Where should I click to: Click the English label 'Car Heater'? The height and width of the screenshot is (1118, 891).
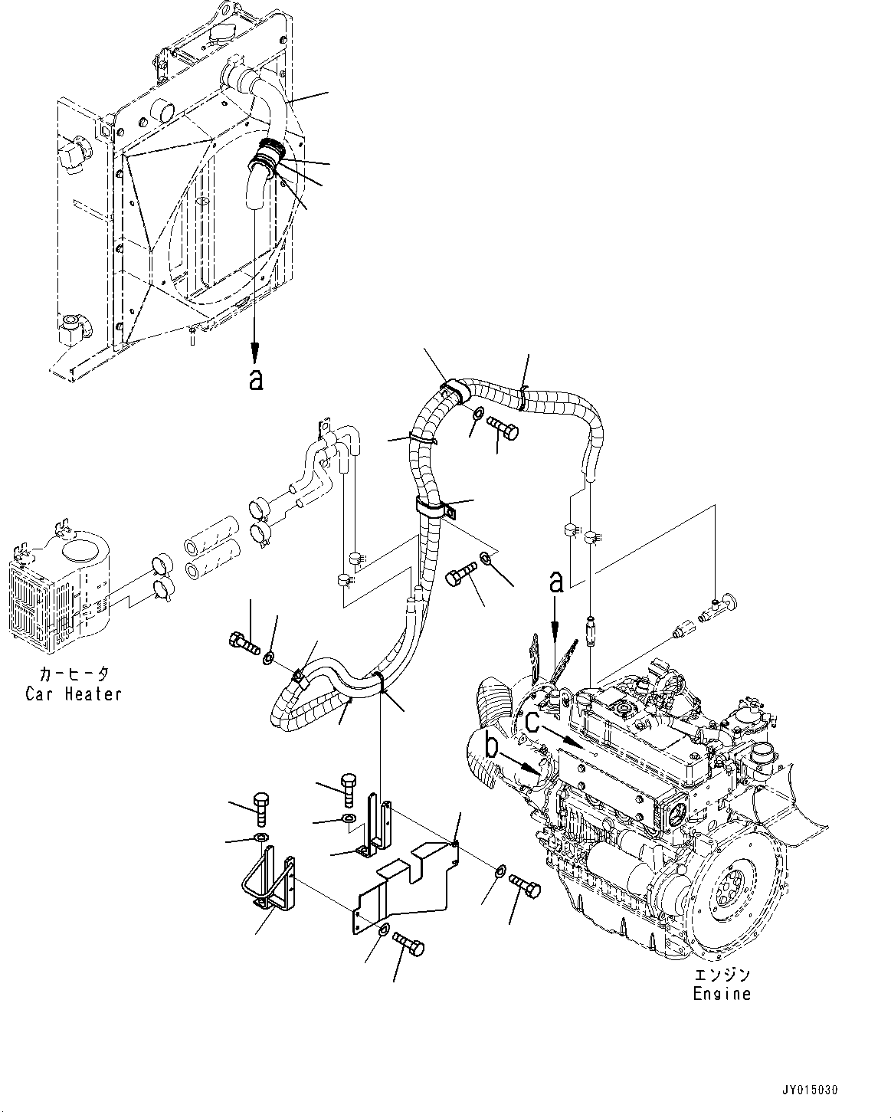click(x=73, y=693)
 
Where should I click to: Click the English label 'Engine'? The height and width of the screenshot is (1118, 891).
click(x=722, y=994)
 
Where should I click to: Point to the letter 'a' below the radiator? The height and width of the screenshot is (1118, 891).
click(x=256, y=379)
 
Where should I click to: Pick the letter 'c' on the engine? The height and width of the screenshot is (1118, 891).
click(x=532, y=721)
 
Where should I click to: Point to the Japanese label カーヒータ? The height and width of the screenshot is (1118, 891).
click(x=73, y=675)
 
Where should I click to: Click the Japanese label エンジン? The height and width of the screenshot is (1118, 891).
click(x=722, y=975)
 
